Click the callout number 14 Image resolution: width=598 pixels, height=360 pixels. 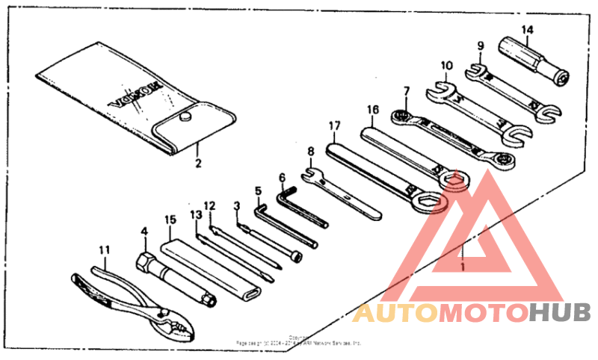(528, 30)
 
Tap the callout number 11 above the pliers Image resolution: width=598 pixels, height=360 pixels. (104, 250)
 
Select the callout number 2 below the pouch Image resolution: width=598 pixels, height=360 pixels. (198, 161)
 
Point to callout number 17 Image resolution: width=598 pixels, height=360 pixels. (334, 126)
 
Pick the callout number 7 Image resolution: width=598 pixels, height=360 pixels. (406, 92)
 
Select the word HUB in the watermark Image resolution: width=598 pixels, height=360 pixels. (560, 313)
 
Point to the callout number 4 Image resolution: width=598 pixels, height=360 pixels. (144, 232)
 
